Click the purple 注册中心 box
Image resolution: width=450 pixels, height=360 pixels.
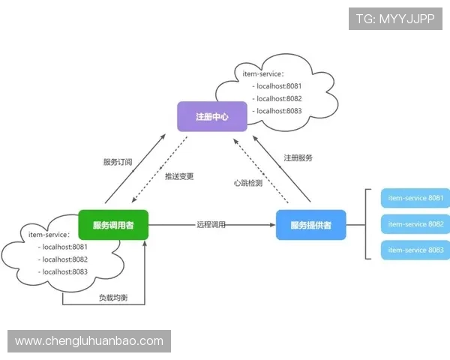pyautogui.click(x=211, y=117)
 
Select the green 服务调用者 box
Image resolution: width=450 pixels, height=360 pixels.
pyautogui.click(x=113, y=224)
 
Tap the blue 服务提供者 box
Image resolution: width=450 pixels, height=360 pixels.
pyautogui.click(x=310, y=225)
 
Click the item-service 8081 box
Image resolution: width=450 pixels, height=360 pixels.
pyautogui.click(x=415, y=199)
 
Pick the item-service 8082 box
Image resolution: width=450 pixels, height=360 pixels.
pyautogui.click(x=415, y=224)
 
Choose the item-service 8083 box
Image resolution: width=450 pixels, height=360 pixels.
pyautogui.click(x=415, y=250)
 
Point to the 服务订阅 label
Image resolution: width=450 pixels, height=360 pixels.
pyautogui.click(x=118, y=161)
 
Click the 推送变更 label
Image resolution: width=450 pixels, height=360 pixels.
pyautogui.click(x=179, y=176)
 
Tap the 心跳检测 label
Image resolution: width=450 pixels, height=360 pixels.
pyautogui.click(x=248, y=183)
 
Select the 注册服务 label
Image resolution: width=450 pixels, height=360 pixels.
pyautogui.click(x=298, y=158)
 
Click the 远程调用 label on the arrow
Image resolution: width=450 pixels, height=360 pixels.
pyautogui.click(x=211, y=224)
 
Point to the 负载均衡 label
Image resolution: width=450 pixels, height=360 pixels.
pyautogui.click(x=113, y=298)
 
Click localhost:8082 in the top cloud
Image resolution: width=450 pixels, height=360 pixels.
pyautogui.click(x=278, y=98)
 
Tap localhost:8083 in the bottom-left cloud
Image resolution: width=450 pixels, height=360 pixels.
pyautogui.click(x=64, y=271)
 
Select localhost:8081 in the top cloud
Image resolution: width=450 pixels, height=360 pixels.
pyautogui.click(x=278, y=86)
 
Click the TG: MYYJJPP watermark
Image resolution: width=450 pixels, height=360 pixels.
pyautogui.click(x=396, y=19)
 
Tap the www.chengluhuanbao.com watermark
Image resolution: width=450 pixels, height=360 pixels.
pyautogui.click(x=89, y=341)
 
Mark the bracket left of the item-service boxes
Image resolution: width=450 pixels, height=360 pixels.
pyautogui.click(x=366, y=224)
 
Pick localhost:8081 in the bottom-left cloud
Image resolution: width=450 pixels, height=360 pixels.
pyautogui.click(x=64, y=247)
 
